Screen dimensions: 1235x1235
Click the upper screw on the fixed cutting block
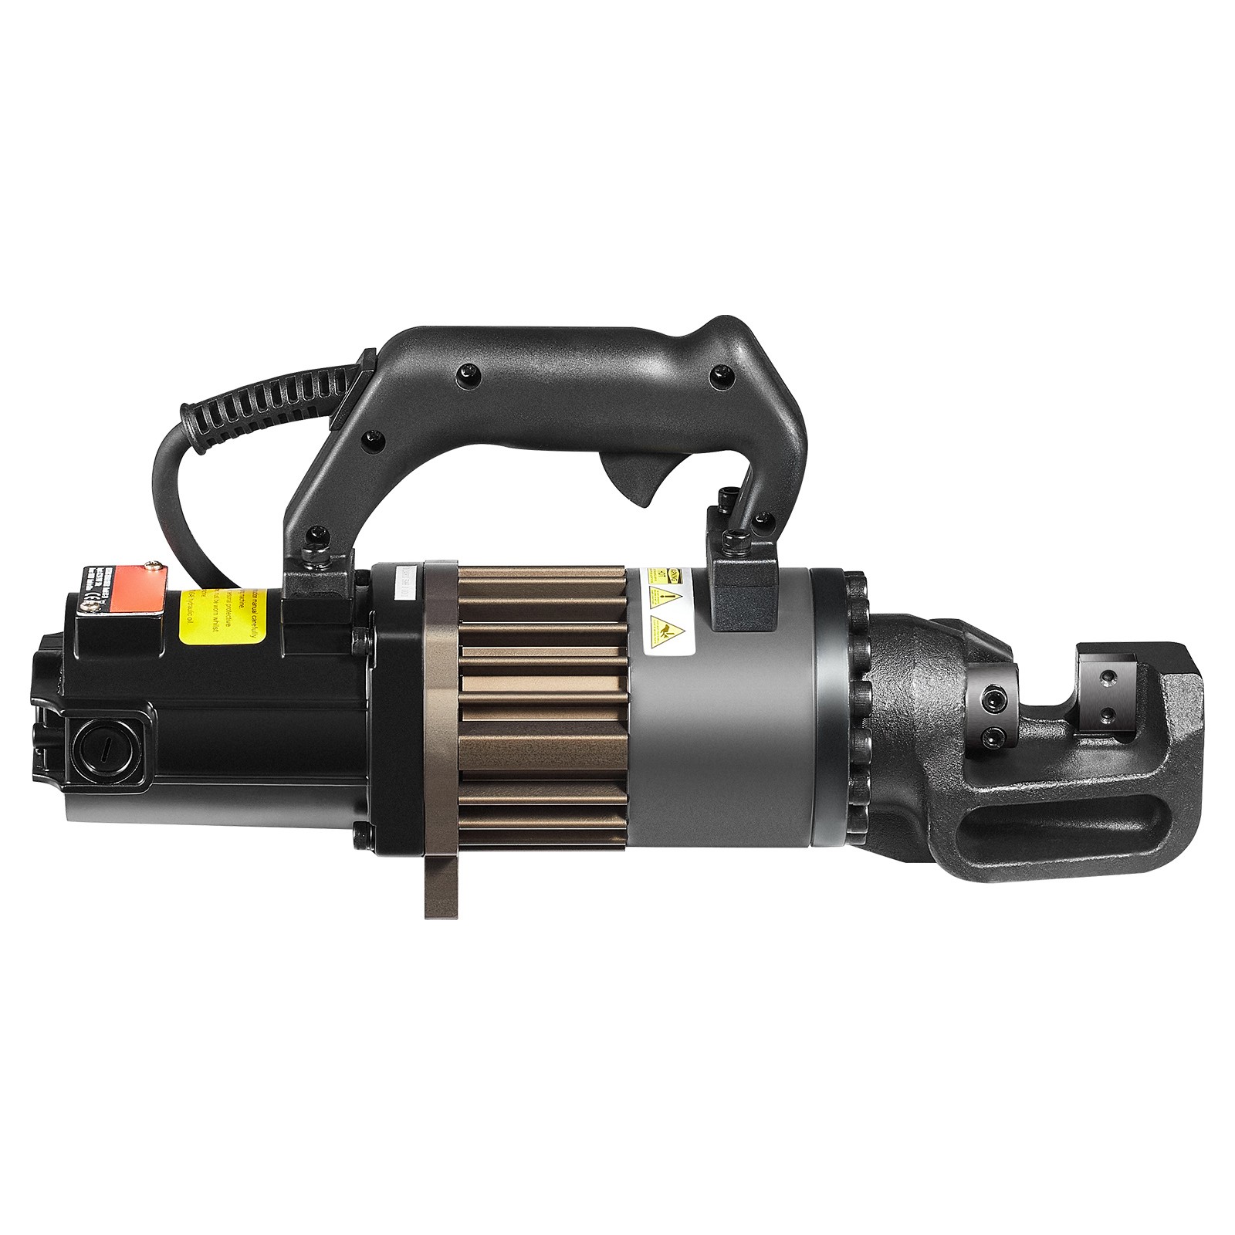point(1108,677)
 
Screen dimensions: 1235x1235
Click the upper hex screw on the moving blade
point(986,699)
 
